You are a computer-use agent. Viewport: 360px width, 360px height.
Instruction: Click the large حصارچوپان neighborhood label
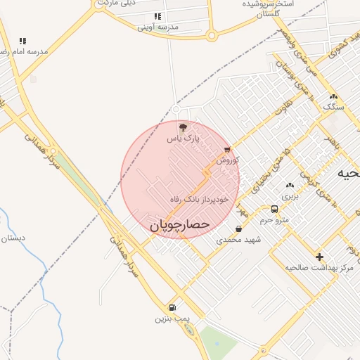tap(180, 225)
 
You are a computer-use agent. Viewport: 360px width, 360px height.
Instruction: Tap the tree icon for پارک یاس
tap(184, 127)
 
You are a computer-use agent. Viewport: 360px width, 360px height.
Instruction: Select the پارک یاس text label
tap(184, 139)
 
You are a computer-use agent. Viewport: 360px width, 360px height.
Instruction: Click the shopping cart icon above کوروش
tap(227, 150)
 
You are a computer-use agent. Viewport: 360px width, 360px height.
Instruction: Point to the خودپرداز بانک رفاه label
tap(200, 200)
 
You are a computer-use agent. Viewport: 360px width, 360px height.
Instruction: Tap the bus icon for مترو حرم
tap(274, 209)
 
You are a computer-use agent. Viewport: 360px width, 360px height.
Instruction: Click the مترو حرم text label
tap(275, 219)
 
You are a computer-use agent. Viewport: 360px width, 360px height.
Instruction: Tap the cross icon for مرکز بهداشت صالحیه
tap(320, 257)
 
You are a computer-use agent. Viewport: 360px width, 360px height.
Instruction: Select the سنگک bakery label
tap(334, 107)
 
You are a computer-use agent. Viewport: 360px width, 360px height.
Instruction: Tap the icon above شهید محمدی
tap(239, 229)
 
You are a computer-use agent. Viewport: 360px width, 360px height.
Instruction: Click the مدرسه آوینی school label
tap(157, 27)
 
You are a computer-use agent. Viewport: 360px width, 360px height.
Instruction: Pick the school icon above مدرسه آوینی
tap(157, 16)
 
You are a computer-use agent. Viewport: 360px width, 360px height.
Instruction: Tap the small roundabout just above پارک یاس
tap(176, 109)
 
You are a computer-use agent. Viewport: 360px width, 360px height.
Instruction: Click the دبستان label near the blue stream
tap(13, 238)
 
